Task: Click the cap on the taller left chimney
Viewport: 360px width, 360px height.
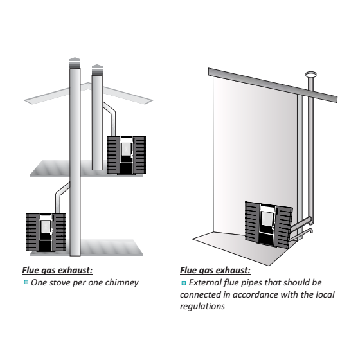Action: pyautogui.click(x=75, y=63)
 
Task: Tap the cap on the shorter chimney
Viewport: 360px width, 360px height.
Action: pyautogui.click(x=97, y=70)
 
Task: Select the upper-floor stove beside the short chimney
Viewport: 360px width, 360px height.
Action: pyautogui.click(x=126, y=155)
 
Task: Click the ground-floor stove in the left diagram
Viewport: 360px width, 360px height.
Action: pyautogui.click(x=46, y=232)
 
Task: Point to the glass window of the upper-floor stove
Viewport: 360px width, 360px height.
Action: pyautogui.click(x=125, y=149)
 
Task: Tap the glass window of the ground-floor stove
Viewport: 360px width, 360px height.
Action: pyautogui.click(x=45, y=226)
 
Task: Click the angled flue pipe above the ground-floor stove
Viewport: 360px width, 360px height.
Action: pyautogui.click(x=62, y=198)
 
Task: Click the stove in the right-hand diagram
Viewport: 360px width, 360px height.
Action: pyautogui.click(x=269, y=225)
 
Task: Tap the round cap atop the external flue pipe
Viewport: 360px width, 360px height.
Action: pyautogui.click(x=311, y=74)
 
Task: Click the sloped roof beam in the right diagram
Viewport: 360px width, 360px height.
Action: pyautogui.click(x=273, y=85)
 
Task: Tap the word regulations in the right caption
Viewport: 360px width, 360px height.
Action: pyautogui.click(x=203, y=307)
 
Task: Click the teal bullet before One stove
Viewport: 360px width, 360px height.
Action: pyautogui.click(x=26, y=282)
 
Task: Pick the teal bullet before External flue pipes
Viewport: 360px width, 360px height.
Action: pyautogui.click(x=183, y=283)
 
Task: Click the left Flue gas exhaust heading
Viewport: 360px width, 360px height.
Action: pyautogui.click(x=57, y=270)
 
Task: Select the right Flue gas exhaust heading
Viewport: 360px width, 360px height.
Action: pyautogui.click(x=215, y=270)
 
